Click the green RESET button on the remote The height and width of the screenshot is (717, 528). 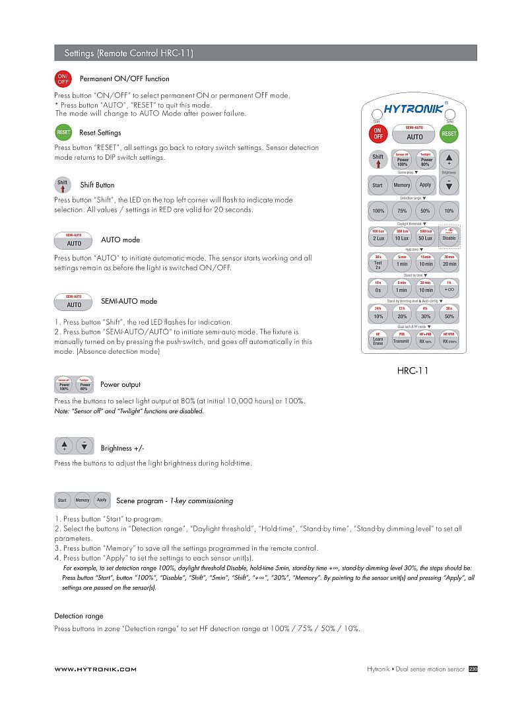coord(449,133)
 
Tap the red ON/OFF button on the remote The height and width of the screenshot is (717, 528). coord(378,133)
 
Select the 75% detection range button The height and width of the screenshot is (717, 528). coord(401,211)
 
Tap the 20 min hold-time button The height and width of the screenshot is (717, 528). coord(449,262)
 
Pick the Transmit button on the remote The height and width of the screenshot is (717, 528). coord(401,340)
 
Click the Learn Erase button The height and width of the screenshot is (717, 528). coord(378,340)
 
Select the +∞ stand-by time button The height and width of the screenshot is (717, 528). coord(449,289)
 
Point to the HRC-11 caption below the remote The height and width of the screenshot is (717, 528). coord(412,370)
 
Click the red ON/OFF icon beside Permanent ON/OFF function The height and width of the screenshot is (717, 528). coord(63,79)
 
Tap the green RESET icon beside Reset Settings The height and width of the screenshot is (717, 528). coord(63,133)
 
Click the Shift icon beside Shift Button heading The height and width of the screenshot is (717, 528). coord(63,185)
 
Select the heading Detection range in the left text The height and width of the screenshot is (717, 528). coord(79,616)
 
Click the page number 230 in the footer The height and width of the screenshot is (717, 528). coord(473,669)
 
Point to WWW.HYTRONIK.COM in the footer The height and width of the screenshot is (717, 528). coord(95,669)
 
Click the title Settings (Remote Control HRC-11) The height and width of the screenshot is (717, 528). coord(129,53)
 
